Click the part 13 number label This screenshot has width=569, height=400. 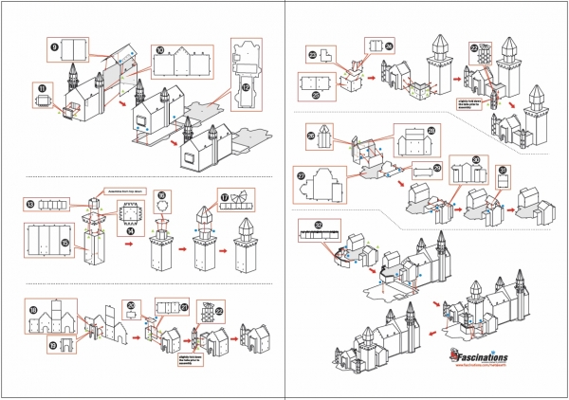[30, 203]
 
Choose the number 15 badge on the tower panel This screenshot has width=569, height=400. [38, 244]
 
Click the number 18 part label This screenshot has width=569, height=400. [32, 310]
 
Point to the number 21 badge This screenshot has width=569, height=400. [183, 306]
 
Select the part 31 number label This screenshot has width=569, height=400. [502, 170]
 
